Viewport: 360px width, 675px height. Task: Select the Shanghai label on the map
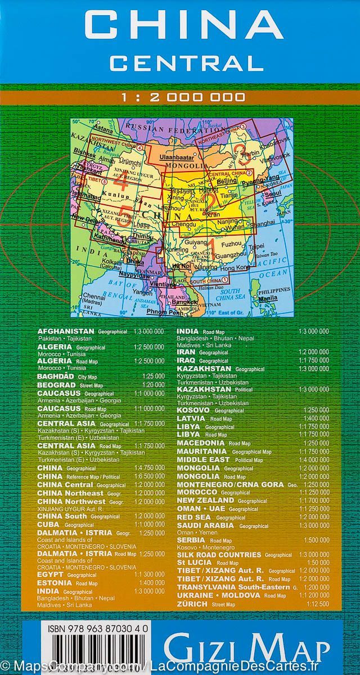[264, 223]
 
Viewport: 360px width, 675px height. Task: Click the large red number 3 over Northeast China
[241, 151]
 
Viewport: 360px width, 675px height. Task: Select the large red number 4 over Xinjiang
[120, 182]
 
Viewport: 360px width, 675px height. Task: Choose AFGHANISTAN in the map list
[74, 332]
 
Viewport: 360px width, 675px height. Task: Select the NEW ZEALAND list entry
[213, 500]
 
